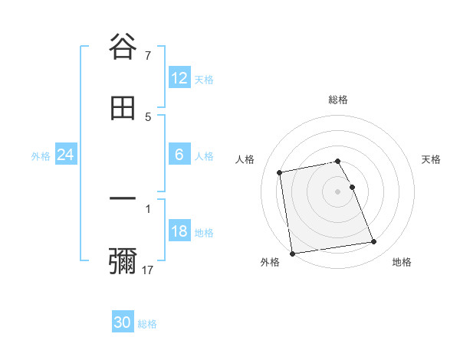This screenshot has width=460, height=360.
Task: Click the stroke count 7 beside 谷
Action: pos(147,56)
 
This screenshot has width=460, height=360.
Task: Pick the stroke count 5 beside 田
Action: pos(147,117)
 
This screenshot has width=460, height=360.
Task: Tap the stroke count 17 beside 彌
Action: pos(148,270)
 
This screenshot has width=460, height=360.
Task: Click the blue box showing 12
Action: pos(179,78)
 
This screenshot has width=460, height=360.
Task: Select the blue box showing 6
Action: pos(179,155)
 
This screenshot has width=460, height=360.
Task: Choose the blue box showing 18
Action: pos(179,231)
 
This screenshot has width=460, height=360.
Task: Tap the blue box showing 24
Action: pos(66,155)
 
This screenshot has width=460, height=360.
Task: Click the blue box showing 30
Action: pos(123,322)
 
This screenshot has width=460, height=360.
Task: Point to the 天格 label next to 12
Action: pos(204,80)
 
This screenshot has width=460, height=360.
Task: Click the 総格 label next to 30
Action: pos(147,324)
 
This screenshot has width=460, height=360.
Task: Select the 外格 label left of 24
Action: pos(41,156)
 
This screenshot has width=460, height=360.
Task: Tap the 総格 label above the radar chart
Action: pos(338,100)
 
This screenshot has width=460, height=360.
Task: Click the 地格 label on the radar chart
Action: pos(402,262)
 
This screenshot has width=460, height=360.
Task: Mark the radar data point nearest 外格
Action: pos(291,253)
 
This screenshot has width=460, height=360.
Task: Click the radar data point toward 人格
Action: pos(280,172)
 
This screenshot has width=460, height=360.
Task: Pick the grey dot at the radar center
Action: pos(338,191)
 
